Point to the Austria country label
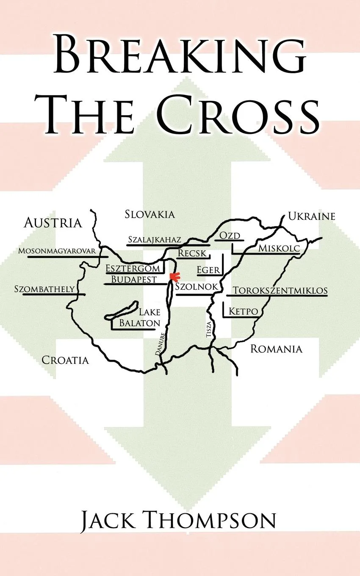coord(53,223)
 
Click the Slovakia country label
coord(150,214)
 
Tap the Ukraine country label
coord(311,216)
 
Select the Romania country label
coord(276,349)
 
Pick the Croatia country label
coord(65,360)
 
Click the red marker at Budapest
coord(173,277)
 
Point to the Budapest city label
coord(134,279)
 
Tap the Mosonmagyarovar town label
coord(57,251)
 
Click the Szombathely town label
coord(44,289)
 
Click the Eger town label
coord(208,270)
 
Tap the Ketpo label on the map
coord(244,312)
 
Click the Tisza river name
coord(208,329)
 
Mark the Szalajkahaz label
coord(155,240)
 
